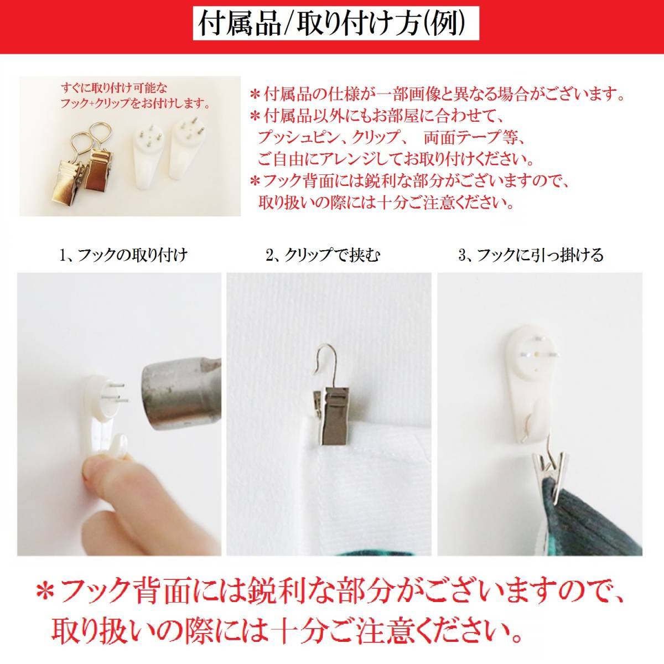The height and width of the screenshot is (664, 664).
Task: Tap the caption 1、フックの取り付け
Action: tap(123, 255)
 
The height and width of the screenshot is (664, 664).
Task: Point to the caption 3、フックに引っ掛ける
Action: tap(531, 255)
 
